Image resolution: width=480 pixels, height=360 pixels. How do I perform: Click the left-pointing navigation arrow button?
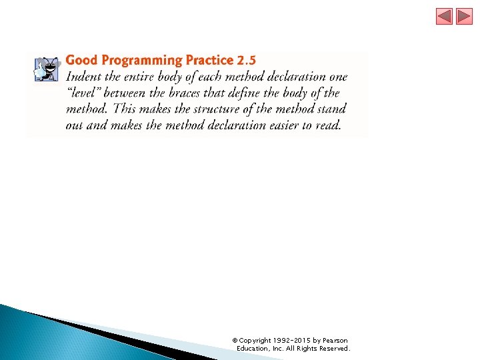[444, 17]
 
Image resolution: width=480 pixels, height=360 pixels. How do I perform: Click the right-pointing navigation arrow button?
[464, 17]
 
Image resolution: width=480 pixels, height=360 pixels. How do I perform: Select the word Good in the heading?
[81, 61]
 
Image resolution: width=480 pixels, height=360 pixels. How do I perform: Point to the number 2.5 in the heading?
[246, 61]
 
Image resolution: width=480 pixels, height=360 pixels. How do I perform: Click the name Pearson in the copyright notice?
[335, 341]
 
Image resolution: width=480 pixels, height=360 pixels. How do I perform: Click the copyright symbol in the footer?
[235, 341]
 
